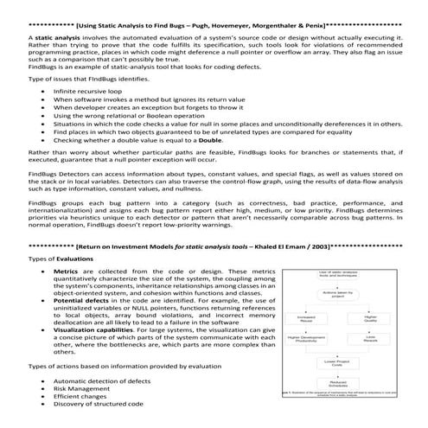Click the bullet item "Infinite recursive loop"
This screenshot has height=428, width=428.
pos(87,91)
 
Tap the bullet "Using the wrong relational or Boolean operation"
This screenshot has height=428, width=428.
pos(125,115)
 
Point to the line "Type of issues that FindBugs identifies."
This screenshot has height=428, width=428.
pos(80,79)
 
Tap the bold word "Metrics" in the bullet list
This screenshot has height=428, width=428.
pos(70,271)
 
